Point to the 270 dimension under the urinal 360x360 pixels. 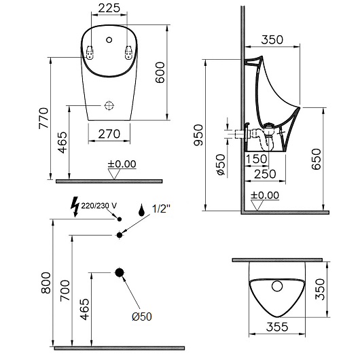pos(109,134)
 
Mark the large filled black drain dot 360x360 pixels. pos(120,272)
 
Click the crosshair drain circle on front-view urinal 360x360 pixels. pos(109,106)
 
